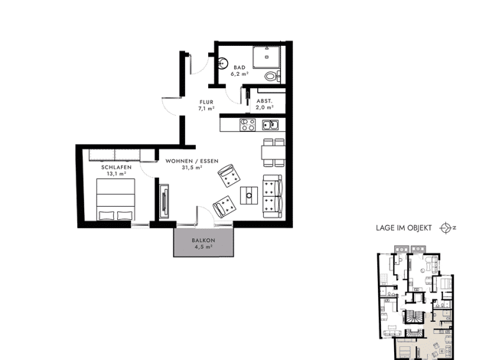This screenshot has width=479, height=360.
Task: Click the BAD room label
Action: click(x=239, y=67)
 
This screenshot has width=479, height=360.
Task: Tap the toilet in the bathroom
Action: click(x=272, y=76)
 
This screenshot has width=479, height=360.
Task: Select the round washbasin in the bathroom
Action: click(x=223, y=63)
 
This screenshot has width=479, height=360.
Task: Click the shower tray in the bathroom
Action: click(x=266, y=57)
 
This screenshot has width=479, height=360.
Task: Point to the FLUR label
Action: click(x=207, y=102)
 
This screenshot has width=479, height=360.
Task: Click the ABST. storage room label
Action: click(x=264, y=101)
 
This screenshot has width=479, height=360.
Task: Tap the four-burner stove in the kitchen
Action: click(x=247, y=125)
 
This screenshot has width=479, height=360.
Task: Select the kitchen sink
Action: click(x=270, y=125)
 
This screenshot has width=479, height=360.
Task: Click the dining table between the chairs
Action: click(x=273, y=152)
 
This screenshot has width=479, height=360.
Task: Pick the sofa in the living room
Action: click(x=272, y=196)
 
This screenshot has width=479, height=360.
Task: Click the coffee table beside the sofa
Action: click(x=249, y=195)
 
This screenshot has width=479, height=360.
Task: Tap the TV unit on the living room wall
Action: click(x=165, y=201)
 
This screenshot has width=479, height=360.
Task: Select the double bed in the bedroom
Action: click(x=116, y=199)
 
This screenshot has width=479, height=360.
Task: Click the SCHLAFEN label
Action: click(x=116, y=167)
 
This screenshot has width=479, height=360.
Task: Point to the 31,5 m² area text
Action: click(x=192, y=168)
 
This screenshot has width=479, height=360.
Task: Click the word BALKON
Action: click(x=204, y=241)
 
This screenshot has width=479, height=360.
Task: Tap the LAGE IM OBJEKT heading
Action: click(x=404, y=227)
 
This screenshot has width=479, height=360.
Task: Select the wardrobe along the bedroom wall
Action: click(x=122, y=155)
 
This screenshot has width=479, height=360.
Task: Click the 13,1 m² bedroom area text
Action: click(x=116, y=173)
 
